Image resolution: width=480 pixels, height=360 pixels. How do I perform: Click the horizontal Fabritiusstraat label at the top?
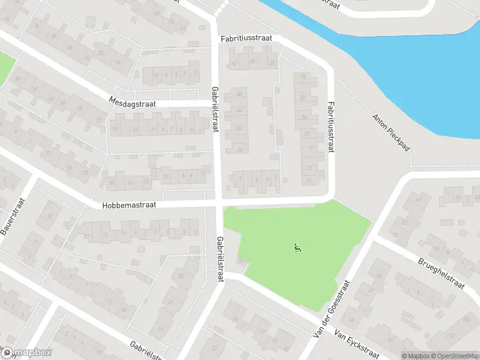tap(246, 38)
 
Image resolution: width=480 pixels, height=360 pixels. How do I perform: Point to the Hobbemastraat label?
tap(129, 205)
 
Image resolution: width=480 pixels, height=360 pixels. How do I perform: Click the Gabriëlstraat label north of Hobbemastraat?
tap(215, 109)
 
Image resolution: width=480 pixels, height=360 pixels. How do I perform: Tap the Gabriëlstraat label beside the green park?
tap(220, 260)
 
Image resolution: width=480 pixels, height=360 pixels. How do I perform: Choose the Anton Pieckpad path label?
tap(389, 132)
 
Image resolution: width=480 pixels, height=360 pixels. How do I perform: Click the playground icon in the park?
tap(297, 246)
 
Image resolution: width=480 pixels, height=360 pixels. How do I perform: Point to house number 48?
tap(240, 93)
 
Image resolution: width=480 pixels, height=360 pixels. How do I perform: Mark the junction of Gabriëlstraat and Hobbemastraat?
tap(218, 202)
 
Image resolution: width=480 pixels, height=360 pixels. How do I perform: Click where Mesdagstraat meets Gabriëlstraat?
tap(215, 103)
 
